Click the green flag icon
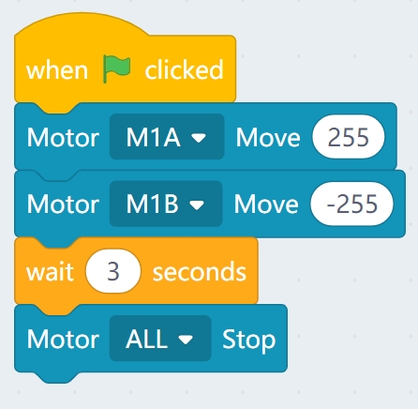117,69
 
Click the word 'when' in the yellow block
57,70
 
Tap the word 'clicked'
184,69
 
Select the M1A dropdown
167,137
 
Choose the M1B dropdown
166,204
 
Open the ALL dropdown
160,339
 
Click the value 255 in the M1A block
349,137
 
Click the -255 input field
351,204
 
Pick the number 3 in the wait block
113,271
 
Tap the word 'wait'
50,271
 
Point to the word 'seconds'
200,272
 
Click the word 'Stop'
249,340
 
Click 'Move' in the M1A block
268,137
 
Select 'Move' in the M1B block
266,204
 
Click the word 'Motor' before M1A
63,137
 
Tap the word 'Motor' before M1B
63,204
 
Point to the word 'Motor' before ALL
63,339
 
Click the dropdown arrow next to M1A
199,138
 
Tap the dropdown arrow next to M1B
197,204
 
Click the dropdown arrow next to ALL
186,340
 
